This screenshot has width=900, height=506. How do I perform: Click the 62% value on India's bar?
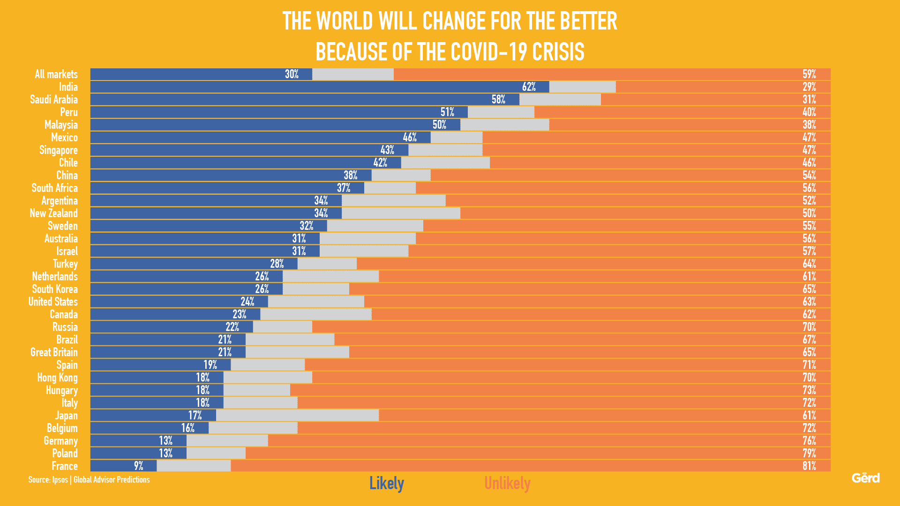529,87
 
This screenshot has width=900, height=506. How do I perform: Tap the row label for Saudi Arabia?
54,100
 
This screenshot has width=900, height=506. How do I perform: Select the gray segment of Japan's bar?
297,416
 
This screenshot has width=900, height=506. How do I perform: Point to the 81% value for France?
809,466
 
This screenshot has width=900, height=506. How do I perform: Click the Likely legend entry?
386,484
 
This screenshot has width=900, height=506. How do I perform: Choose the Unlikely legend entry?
507,484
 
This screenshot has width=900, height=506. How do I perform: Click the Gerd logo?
865,478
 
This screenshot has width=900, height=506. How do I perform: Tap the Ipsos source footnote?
89,480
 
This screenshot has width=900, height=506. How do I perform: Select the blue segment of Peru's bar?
279,112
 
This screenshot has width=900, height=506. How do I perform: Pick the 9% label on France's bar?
138,466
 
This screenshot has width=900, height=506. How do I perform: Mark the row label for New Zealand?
54,213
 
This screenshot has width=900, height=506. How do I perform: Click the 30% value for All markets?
292,74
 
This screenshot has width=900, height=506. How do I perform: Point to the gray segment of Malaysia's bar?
504,125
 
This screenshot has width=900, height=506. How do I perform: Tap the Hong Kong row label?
58,378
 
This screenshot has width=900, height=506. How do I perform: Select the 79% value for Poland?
809,454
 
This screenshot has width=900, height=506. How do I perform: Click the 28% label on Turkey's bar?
277,264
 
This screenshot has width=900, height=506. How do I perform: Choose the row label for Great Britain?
54,352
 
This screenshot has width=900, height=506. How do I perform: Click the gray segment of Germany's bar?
227,441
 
